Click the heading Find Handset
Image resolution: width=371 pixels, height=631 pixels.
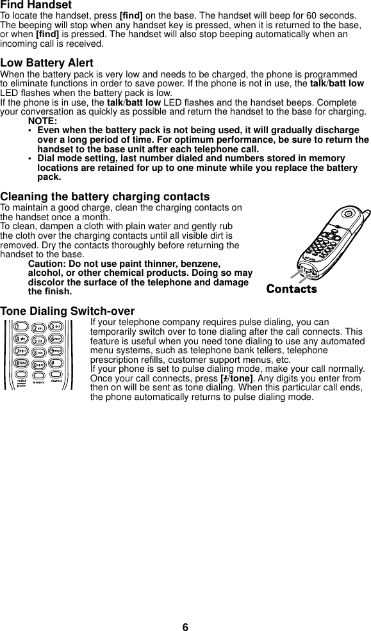[40, 5]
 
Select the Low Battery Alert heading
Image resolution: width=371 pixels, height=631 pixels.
[47, 63]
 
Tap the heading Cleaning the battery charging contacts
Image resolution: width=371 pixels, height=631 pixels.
[104, 196]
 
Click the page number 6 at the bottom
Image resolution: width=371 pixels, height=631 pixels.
[185, 627]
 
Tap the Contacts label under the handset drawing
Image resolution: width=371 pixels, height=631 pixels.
[292, 289]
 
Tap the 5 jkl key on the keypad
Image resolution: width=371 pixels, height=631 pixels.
[40, 339]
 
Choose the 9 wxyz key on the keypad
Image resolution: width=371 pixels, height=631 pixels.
[57, 351]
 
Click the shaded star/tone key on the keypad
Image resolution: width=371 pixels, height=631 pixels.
[22, 363]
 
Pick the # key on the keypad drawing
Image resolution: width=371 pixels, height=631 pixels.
[57, 363]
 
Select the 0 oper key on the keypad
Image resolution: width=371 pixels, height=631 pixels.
[40, 363]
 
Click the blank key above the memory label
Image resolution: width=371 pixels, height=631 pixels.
[40, 375]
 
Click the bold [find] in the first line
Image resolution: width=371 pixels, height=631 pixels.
[131, 15]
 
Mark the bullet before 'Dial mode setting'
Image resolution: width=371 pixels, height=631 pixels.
[30, 159]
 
